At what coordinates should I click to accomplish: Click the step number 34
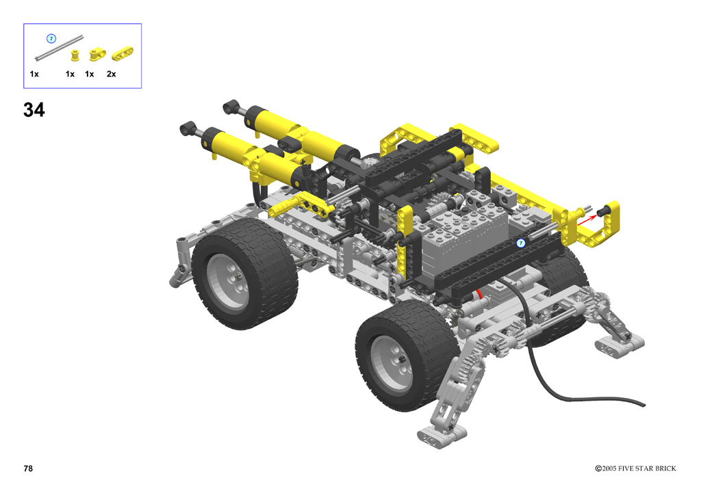[34, 110]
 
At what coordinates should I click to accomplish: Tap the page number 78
[28, 468]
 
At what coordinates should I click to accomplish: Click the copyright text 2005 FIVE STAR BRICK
[639, 468]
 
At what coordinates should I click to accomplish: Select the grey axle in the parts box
[60, 48]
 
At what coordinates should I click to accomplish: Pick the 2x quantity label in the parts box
[112, 74]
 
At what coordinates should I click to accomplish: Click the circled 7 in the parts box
[51, 39]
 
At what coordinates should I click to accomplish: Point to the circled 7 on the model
[520, 243]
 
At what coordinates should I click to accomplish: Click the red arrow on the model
[587, 220]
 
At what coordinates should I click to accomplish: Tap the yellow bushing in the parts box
[75, 55]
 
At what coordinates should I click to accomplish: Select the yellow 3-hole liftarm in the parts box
[122, 53]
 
